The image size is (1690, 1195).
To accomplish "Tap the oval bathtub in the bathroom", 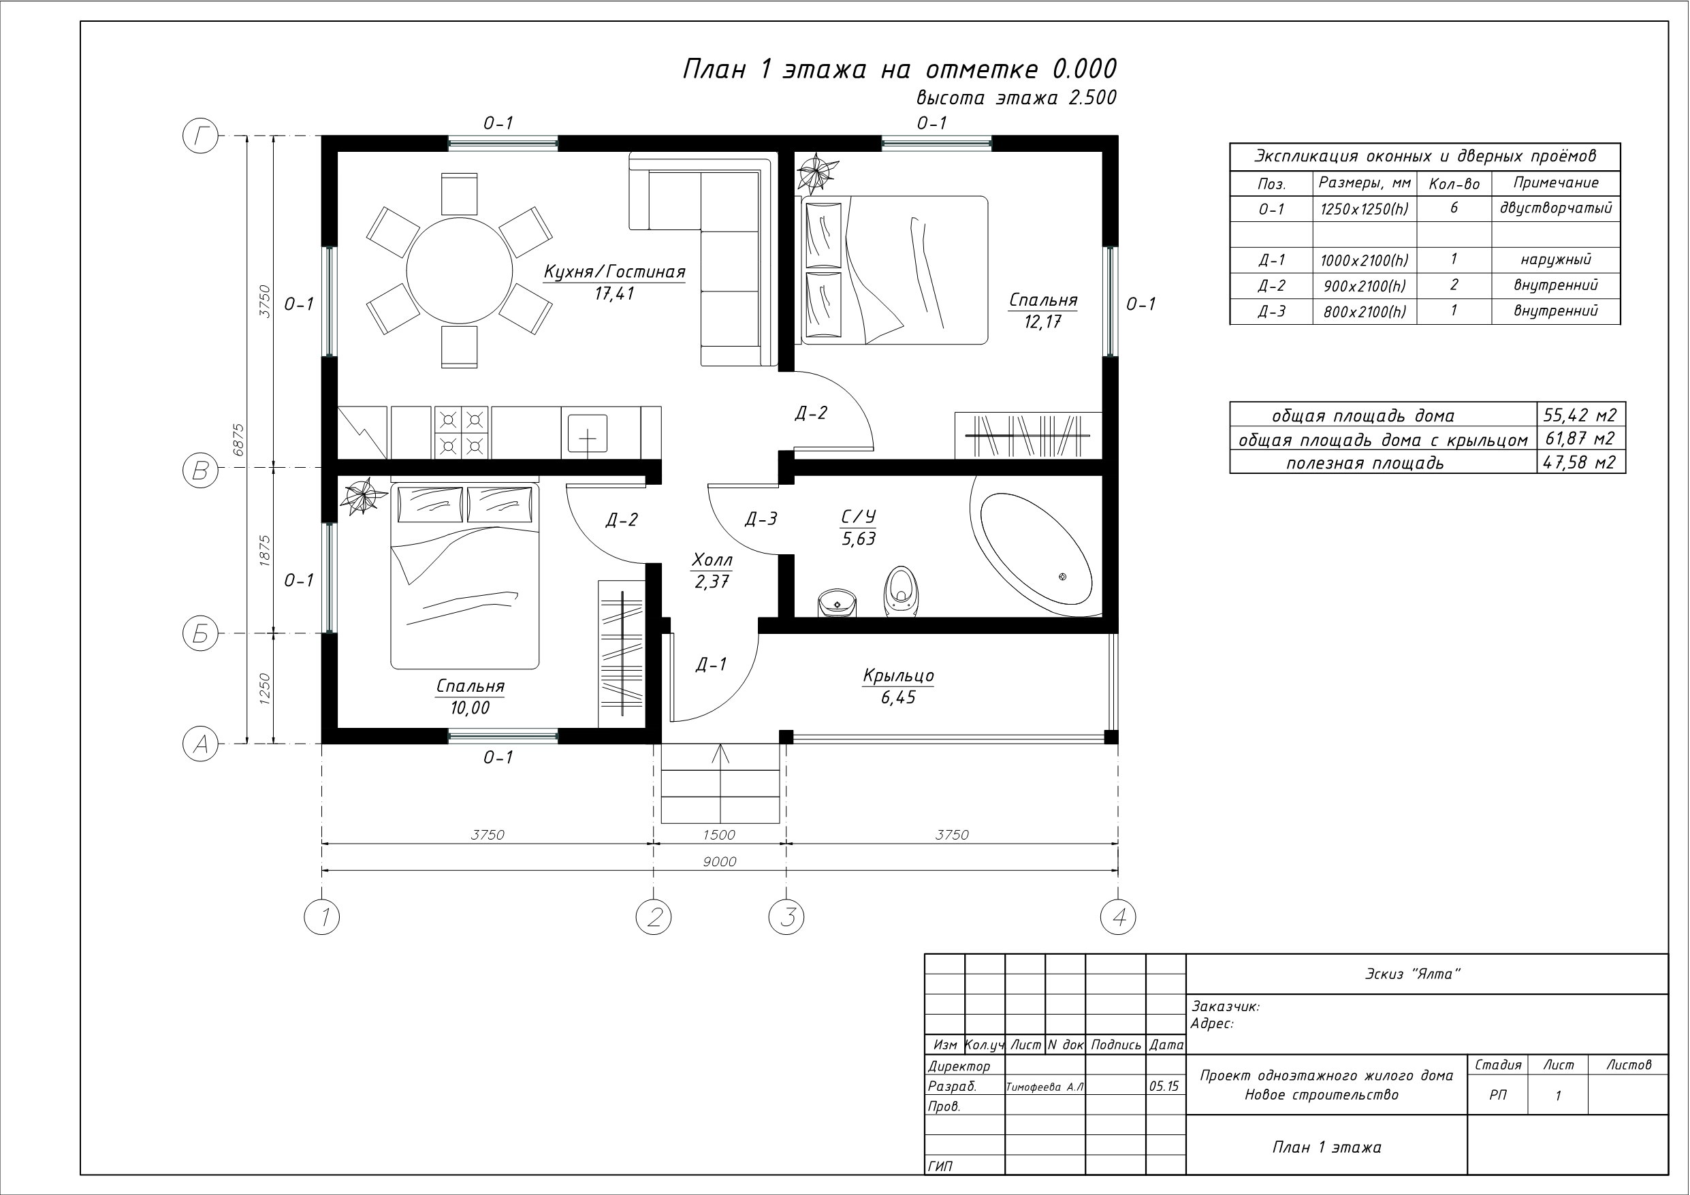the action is (1036, 554).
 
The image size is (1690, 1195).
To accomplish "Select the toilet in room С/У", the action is (901, 590).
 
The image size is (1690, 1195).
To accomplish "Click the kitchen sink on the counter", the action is (588, 433).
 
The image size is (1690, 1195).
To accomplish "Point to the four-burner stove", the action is (462, 432).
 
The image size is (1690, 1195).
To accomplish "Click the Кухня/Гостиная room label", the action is (615, 272).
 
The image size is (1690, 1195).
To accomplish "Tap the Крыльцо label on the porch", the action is (898, 675).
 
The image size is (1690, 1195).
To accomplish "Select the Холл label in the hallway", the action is (712, 560).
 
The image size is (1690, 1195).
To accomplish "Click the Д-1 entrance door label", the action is (711, 664).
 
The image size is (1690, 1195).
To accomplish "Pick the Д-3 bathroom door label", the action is (761, 519).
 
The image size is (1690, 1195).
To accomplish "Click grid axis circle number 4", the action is (1118, 917).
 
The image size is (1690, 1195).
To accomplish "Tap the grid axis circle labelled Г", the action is (200, 136).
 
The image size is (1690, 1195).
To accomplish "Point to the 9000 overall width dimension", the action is (719, 861).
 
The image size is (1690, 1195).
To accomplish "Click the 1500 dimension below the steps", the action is (719, 835).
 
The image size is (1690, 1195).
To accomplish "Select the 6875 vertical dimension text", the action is (238, 440).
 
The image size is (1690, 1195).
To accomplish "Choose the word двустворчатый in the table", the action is (1556, 208).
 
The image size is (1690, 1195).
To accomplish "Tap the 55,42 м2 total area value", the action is (1580, 415).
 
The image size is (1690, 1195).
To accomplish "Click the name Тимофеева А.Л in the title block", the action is (1045, 1087).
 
